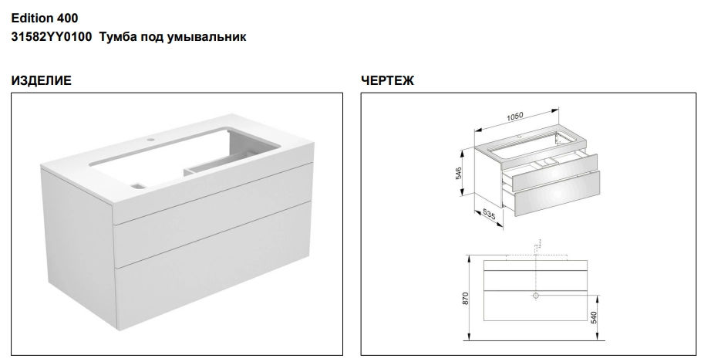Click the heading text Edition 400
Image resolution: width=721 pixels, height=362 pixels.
click(x=45, y=19)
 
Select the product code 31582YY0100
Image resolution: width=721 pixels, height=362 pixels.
click(x=52, y=37)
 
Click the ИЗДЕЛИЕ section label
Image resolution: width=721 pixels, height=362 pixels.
click(x=42, y=80)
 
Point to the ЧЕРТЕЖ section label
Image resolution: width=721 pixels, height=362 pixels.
click(x=388, y=80)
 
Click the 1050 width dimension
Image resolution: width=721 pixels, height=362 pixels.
click(x=515, y=117)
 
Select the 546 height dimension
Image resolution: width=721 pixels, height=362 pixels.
click(x=459, y=173)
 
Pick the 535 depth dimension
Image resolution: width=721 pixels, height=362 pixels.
click(x=489, y=215)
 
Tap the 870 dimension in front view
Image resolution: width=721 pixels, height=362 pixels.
click(x=465, y=299)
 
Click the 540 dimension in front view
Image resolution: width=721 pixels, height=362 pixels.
click(x=594, y=318)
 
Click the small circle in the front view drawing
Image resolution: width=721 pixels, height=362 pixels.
click(x=535, y=296)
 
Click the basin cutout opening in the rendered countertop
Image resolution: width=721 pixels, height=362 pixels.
click(x=184, y=155)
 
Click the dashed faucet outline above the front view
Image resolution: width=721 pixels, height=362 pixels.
click(x=536, y=248)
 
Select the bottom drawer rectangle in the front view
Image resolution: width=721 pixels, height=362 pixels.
click(x=536, y=306)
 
